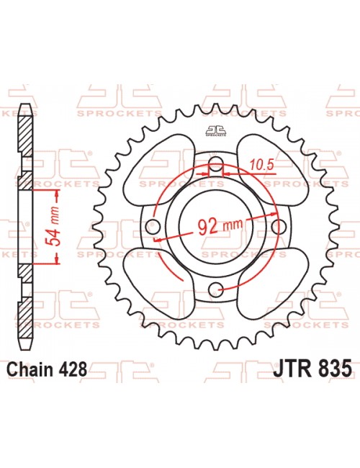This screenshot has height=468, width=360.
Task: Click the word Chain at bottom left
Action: coord(30,370)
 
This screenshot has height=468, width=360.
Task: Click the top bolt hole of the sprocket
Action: coord(215,162)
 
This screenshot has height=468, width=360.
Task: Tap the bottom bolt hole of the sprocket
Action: coord(215,289)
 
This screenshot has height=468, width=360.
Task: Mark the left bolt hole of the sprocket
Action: coord(152,226)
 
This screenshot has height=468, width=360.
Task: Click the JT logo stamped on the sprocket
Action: coord(215,130)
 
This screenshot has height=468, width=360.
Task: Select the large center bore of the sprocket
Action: coord(215,226)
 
